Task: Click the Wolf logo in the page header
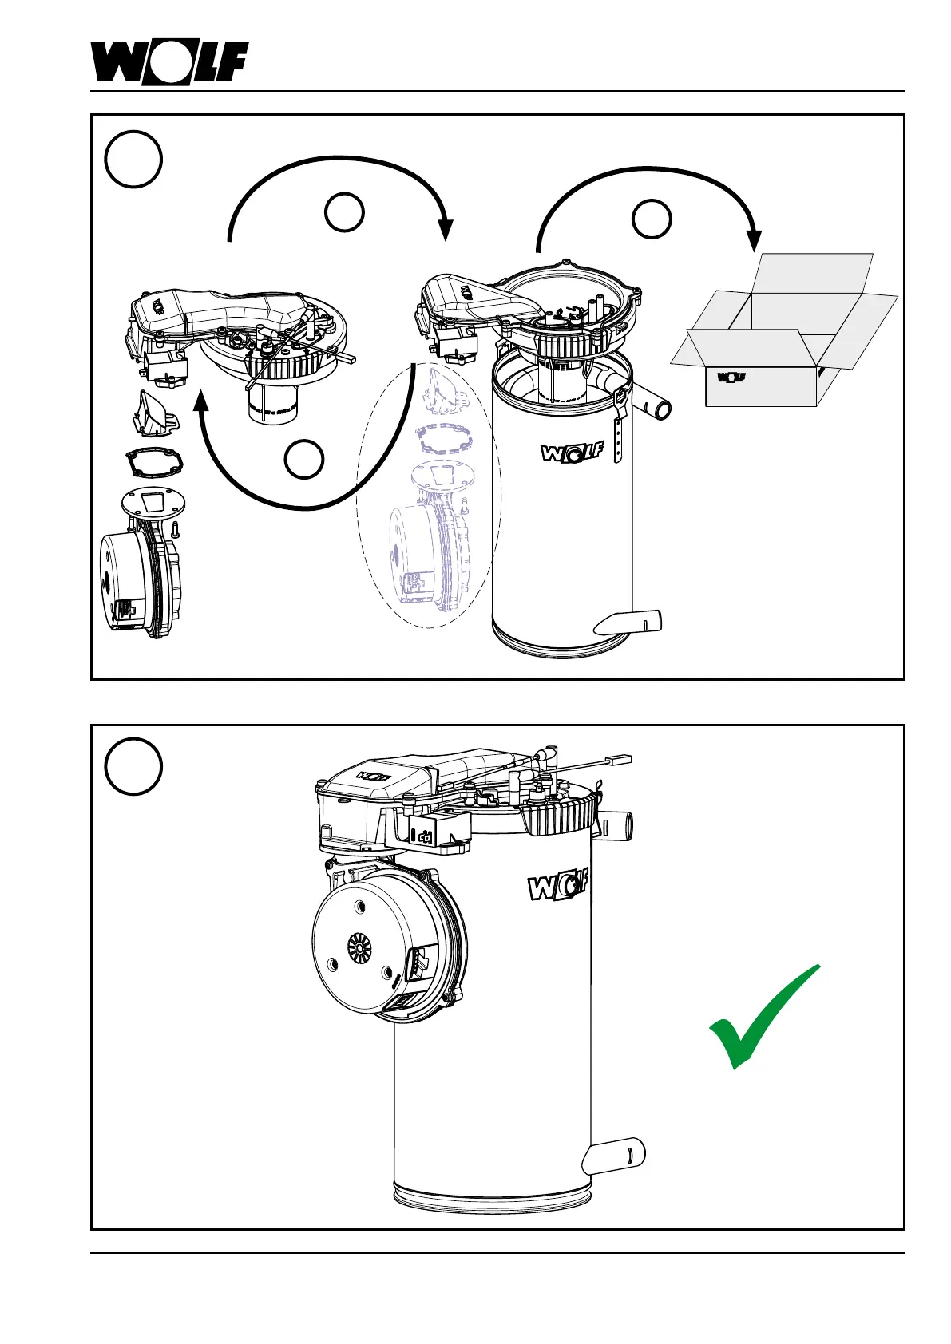coord(168,62)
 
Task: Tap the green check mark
coord(762,1018)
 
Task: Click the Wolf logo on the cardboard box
coord(731,378)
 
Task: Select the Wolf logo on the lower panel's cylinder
coord(558,884)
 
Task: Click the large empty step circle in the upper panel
coord(133,159)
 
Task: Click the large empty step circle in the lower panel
coord(133,767)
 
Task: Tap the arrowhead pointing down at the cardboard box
coord(753,240)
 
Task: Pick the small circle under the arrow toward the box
coord(652,219)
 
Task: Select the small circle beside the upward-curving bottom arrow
coord(304,461)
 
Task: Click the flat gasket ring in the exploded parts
coord(154,462)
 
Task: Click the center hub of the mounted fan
coord(359,947)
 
